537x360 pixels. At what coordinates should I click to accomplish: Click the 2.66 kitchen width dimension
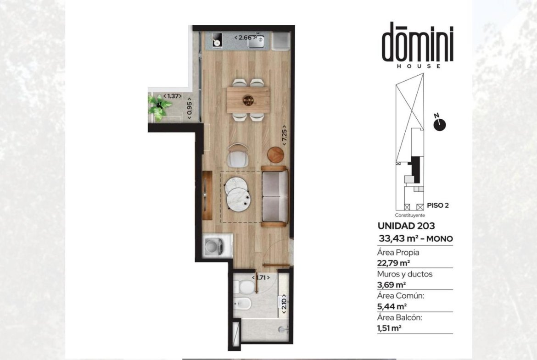(x=245, y=38)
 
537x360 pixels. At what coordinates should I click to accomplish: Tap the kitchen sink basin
(x=256, y=41)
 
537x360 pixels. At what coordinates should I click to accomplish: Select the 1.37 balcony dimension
(x=172, y=96)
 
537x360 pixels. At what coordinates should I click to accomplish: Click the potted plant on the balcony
(x=159, y=107)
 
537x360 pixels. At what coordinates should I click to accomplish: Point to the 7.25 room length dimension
(x=284, y=135)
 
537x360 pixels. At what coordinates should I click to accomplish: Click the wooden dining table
(x=248, y=100)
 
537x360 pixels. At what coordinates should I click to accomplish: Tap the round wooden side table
(x=275, y=155)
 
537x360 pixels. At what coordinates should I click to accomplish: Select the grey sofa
(x=274, y=196)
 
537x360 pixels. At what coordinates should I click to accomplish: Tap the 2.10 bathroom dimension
(x=284, y=304)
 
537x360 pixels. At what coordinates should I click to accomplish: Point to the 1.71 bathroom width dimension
(x=261, y=277)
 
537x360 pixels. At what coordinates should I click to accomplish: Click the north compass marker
(x=439, y=125)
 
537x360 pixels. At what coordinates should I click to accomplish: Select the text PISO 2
(x=438, y=205)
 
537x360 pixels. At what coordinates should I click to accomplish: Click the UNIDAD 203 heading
(x=406, y=226)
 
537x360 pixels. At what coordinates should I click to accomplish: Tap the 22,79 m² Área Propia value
(x=393, y=263)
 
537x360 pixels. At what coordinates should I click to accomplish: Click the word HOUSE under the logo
(x=419, y=66)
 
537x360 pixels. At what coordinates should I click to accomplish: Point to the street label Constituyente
(x=410, y=215)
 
